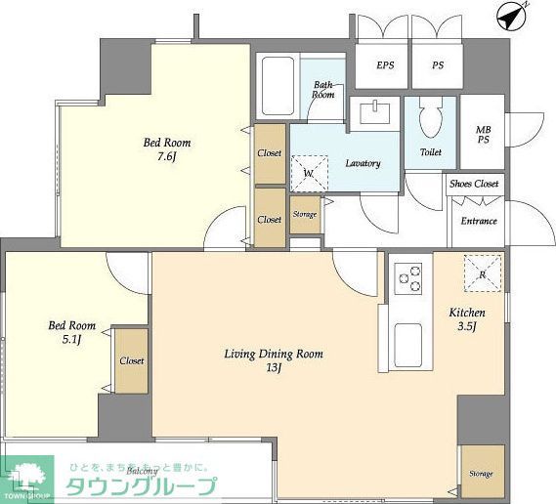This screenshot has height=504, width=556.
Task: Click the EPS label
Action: (x=385, y=66)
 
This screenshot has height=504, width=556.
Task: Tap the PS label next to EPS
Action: (x=439, y=66)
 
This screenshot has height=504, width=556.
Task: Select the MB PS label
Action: (x=484, y=136)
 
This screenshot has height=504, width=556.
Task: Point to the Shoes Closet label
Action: (x=474, y=184)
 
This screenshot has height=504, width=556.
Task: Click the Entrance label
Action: (x=478, y=221)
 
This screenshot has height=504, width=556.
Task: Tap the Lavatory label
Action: (x=363, y=163)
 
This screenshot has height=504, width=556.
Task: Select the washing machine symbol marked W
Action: (x=309, y=173)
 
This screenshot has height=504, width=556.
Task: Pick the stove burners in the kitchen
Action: (x=409, y=280)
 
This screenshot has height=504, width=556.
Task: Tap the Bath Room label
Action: (x=324, y=90)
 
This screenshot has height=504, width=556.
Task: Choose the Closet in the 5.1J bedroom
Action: (x=132, y=360)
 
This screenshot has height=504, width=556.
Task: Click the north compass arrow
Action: (x=511, y=17)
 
